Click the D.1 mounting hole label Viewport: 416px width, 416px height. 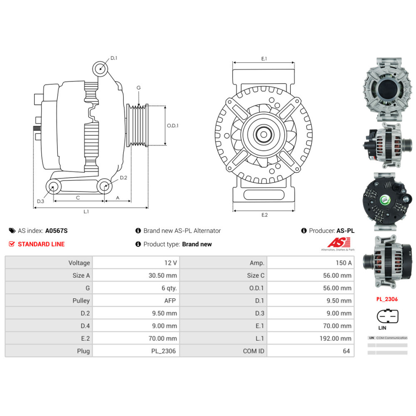[114, 58]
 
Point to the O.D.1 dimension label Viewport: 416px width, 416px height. [173, 126]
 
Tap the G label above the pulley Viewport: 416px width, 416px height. [139, 88]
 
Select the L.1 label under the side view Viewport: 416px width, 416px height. [86, 212]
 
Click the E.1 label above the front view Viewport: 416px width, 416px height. [264, 59]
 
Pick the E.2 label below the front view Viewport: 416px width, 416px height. [264, 215]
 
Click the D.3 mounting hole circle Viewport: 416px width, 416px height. [53, 187]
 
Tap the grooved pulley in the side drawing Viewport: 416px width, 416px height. [137, 125]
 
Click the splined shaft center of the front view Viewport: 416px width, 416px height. [264, 134]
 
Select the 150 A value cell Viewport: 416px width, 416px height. [344, 263]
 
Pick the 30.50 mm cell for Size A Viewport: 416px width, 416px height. [162, 275]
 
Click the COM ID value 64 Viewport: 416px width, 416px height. [346, 351]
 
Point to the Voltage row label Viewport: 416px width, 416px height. [79, 263]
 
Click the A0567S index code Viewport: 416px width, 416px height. [56, 230]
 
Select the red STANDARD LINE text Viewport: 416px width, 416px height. [41, 244]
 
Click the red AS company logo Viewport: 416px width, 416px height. [339, 243]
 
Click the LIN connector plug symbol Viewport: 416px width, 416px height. [387, 316]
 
